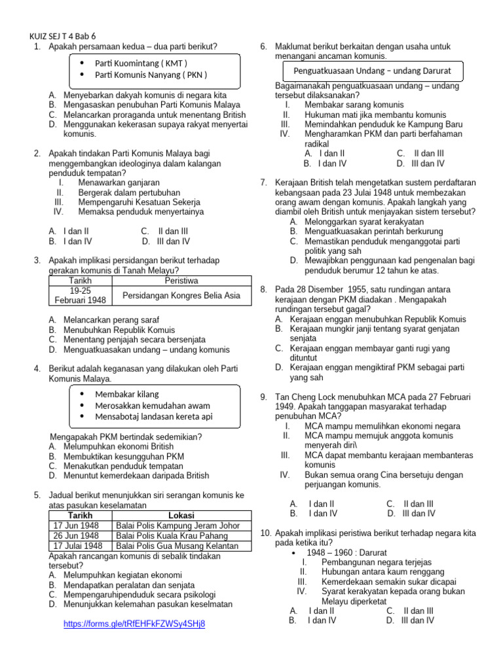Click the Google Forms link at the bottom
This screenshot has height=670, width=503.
pyautogui.click(x=134, y=624)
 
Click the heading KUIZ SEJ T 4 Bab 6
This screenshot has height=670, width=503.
pyautogui.click(x=67, y=36)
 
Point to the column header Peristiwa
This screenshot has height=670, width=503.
pyautogui.click(x=181, y=281)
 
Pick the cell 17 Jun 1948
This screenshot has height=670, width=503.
pyautogui.click(x=76, y=525)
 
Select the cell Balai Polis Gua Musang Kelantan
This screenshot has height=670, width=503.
pyautogui.click(x=177, y=545)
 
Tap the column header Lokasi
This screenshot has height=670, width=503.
pyautogui.click(x=181, y=516)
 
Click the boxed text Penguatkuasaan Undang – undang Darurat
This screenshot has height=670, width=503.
pyautogui.click(x=369, y=71)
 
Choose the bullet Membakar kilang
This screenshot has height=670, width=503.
pyautogui.click(x=127, y=394)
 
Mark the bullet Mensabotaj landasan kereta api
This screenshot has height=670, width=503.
pyautogui.click(x=153, y=416)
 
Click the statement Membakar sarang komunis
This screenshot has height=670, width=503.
pyautogui.click(x=354, y=105)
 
